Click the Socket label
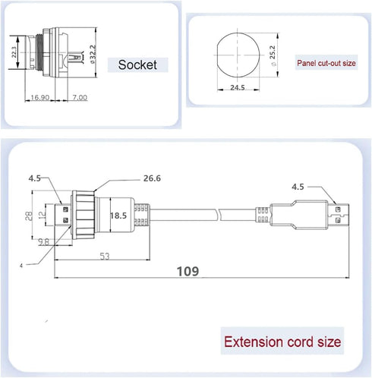[137, 65]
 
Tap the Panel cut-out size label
[326, 63]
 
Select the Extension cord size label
[282, 342]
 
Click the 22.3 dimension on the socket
[14, 52]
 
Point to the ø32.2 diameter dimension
[93, 54]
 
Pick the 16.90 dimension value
[40, 97]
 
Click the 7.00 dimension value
[80, 97]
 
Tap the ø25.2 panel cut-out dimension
[273, 55]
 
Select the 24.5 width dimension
[238, 87]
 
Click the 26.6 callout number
[152, 178]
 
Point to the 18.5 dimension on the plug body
[118, 216]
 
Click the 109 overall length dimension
[188, 271]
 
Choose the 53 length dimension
[105, 257]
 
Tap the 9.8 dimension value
[43, 242]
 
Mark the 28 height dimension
[29, 216]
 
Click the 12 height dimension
[43, 215]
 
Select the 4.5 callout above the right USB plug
[298, 187]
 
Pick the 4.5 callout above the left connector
[34, 178]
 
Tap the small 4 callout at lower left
[21, 266]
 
